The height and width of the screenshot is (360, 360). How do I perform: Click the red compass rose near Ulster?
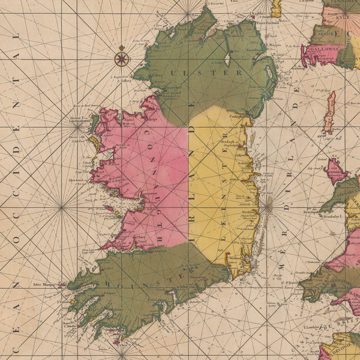122,58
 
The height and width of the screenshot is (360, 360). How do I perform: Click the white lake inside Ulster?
227,58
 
